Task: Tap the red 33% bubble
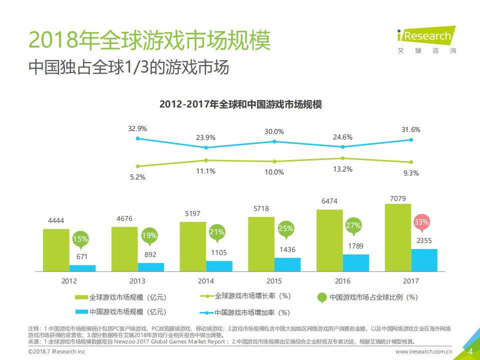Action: pos(421,221)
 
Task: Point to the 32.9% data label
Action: pos(137,128)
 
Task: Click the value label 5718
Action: pos(261,209)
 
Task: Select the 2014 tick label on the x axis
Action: pos(205,281)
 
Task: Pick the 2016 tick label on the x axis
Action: pos(342,281)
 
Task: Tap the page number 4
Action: pos(469,352)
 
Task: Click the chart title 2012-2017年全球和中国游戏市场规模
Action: pos(240,105)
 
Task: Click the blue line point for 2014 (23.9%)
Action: pos(206,147)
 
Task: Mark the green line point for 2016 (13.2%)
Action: pos(342,158)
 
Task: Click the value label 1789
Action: pos(356,246)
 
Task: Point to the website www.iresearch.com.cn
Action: pos(424,352)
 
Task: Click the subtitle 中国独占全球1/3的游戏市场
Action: pos(129,67)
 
